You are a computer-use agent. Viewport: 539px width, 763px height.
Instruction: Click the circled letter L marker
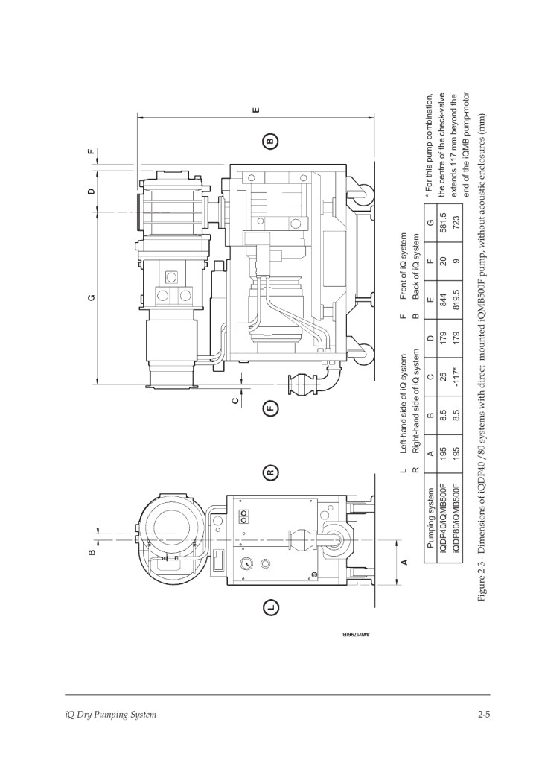coord(271,607)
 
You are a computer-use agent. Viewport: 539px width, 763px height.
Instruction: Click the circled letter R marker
coord(271,472)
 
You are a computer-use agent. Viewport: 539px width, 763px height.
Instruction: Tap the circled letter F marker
coord(271,408)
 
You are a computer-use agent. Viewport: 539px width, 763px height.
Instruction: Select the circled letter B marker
coord(271,141)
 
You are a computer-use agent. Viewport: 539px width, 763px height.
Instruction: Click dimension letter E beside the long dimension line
coord(257,110)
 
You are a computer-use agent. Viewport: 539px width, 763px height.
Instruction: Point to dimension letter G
coord(92,297)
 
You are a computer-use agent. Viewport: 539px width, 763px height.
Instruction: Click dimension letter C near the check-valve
coord(236,400)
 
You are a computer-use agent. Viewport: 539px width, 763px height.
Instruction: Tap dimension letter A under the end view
coord(403,562)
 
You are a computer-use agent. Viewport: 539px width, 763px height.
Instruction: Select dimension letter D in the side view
coord(92,191)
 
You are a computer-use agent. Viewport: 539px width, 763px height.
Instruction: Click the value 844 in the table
coord(443,300)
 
